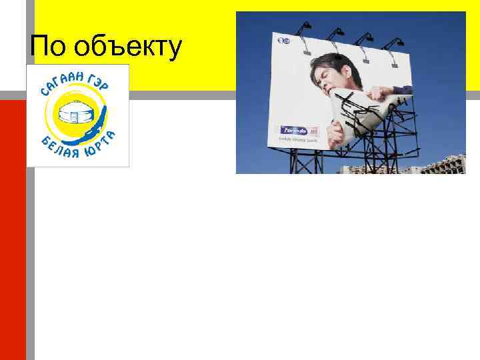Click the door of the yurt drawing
coord(74,116)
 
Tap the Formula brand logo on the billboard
coord(292,131)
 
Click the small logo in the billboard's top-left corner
coord(283,41)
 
